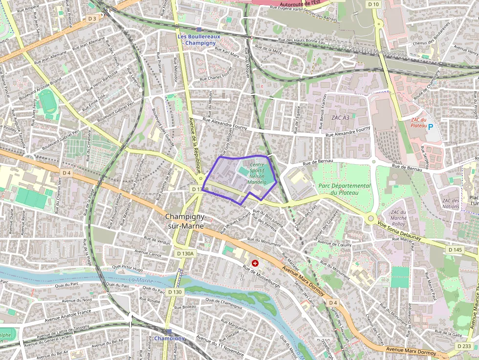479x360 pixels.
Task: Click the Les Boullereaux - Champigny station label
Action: click(199, 40)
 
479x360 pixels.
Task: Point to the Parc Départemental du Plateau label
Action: click(344, 189)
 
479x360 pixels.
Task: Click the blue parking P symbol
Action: click(431, 126)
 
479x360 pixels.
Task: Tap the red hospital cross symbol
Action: click(255, 263)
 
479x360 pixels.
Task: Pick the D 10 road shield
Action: click(373, 4)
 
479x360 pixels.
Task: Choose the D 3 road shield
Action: click(92, 18)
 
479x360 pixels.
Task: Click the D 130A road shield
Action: click(185, 254)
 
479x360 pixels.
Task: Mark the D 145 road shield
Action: click(455, 250)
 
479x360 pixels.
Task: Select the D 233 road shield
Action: click(464, 346)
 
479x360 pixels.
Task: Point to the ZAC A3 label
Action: click(340, 118)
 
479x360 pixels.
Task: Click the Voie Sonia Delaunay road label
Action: click(399, 231)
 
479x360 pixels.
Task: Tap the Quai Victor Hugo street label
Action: click(128, 269)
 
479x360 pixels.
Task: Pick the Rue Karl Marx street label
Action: click(227, 52)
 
